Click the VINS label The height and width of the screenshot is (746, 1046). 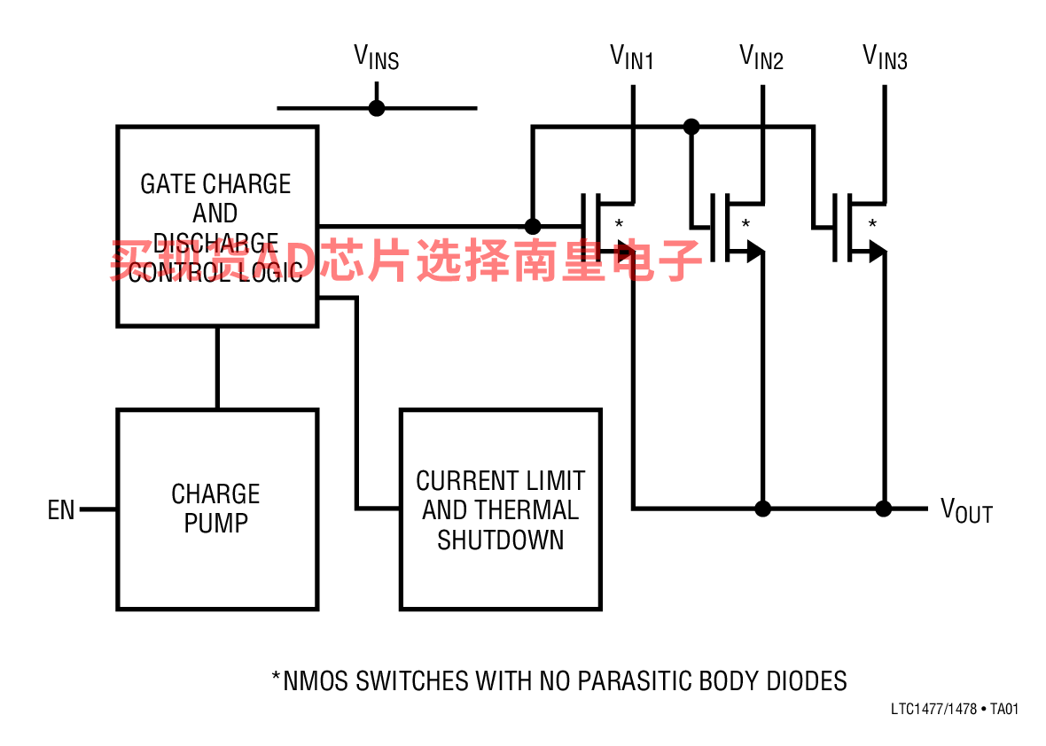click(377, 58)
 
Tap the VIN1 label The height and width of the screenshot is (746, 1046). click(632, 58)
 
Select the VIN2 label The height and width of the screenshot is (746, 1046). click(761, 58)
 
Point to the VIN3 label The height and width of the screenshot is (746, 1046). click(885, 58)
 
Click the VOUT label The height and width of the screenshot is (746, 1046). click(966, 510)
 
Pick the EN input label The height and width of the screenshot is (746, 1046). click(61, 510)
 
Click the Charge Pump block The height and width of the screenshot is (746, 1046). click(217, 509)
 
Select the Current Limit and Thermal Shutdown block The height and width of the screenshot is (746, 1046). click(501, 509)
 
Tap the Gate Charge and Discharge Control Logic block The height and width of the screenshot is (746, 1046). click(217, 227)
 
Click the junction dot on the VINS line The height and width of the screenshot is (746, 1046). click(377, 108)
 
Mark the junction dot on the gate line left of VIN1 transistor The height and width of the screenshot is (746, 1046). click(533, 226)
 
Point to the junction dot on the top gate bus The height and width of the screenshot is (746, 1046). click(691, 127)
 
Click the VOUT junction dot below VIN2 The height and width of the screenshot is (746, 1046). click(762, 509)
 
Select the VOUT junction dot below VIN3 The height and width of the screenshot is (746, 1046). click(884, 509)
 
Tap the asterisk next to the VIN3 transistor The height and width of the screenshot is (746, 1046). click(872, 224)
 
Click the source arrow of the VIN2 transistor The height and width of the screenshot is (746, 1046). click(754, 253)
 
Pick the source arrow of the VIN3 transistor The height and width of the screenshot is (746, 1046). click(878, 253)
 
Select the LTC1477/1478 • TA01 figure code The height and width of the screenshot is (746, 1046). click(955, 710)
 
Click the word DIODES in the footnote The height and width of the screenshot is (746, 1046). click(807, 680)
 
